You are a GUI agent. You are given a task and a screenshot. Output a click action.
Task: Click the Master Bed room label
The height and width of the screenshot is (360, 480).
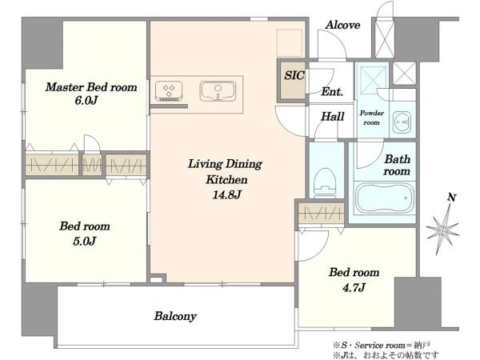pyautogui.click(x=91, y=87)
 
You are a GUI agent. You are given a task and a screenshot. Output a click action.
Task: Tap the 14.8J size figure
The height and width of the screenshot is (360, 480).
pyautogui.click(x=226, y=194)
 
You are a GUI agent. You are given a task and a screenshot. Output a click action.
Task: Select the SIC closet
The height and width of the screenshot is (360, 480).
pyautogui.click(x=293, y=81)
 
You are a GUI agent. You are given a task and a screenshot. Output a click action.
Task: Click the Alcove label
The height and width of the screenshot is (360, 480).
pyautogui.click(x=342, y=25)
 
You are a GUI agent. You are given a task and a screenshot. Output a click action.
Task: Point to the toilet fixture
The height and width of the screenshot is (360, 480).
pyautogui.click(x=326, y=182)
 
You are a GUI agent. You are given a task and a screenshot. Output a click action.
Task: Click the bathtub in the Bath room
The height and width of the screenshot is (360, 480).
pyautogui.click(x=385, y=198)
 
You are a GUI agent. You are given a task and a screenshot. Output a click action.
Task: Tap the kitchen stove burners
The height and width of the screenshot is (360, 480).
pyautogui.click(x=169, y=91)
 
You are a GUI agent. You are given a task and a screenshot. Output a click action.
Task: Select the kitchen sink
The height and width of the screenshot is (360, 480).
pyautogui.click(x=218, y=91)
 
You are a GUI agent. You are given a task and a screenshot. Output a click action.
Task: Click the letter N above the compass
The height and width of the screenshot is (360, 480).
pyautogui.click(x=452, y=198)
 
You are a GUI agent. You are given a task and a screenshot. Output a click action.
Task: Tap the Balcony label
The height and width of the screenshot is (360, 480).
pyautogui.click(x=175, y=316)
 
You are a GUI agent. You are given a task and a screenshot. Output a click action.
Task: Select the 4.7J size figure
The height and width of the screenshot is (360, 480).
pyautogui.click(x=354, y=288)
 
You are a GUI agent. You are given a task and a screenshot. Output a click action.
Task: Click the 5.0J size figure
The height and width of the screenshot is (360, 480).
pyautogui.click(x=85, y=242)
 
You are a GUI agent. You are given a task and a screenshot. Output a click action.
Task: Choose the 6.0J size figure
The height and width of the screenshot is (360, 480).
pyautogui.click(x=86, y=101)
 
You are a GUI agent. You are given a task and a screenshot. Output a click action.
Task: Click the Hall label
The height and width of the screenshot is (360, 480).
pyautogui.click(x=333, y=116)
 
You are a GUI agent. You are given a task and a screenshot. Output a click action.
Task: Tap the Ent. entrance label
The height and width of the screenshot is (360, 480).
pyautogui.click(x=332, y=91)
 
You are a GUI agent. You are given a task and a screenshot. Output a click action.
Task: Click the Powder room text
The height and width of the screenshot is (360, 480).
pyautogui.click(x=372, y=118)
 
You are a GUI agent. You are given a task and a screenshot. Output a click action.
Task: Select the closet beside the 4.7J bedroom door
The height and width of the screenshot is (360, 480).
pyautogui.click(x=322, y=214)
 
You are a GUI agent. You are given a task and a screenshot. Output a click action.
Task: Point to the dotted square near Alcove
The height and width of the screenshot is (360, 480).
pyautogui.click(x=290, y=43)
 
